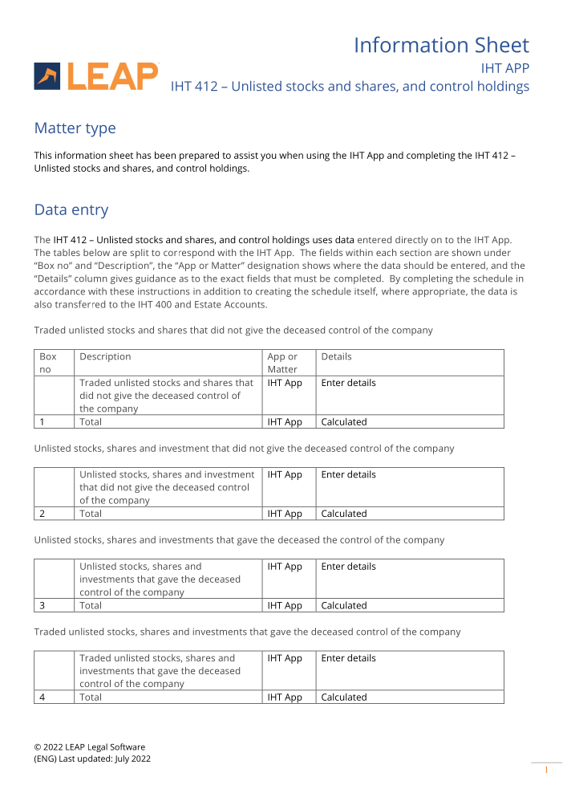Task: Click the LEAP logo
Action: [96, 76]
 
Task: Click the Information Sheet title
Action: [441, 45]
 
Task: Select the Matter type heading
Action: [75, 128]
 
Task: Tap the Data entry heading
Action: [71, 210]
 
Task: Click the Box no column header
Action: [48, 363]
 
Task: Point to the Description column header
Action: [105, 356]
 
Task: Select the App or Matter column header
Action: [282, 363]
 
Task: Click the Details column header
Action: [336, 356]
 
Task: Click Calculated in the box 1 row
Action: [344, 422]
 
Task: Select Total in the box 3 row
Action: [91, 606]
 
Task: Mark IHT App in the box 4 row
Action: [285, 697]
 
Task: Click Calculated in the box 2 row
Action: [344, 514]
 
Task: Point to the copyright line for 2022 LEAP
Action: [90, 746]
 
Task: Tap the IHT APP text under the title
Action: [504, 68]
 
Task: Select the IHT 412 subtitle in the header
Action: [350, 87]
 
